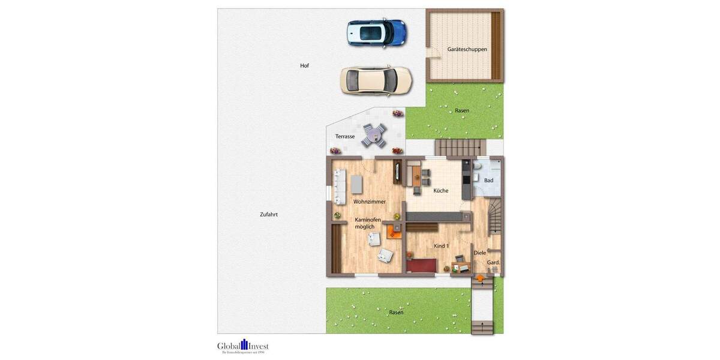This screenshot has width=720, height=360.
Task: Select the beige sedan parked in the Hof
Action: click(376, 80)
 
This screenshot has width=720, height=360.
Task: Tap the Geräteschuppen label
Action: click(467, 49)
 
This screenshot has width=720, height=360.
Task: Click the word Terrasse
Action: click(345, 137)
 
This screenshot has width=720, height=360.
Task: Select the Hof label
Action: click(305, 65)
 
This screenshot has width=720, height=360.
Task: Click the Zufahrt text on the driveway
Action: click(268, 214)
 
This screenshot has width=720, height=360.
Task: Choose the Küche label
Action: click(441, 191)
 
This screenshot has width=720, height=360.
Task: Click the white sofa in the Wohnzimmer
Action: click(339, 185)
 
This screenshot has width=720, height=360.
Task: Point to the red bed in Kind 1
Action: click(421, 265)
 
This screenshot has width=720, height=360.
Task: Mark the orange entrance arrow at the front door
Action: click(480, 277)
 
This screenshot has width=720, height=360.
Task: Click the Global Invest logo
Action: click(243, 346)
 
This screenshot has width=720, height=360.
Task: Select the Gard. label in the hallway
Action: click(493, 263)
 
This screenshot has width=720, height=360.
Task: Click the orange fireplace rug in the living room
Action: click(394, 231)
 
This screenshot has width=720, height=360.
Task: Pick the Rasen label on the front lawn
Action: click(396, 313)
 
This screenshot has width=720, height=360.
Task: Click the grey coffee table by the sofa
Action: click(357, 184)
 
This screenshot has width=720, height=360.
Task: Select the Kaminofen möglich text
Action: click(365, 223)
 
